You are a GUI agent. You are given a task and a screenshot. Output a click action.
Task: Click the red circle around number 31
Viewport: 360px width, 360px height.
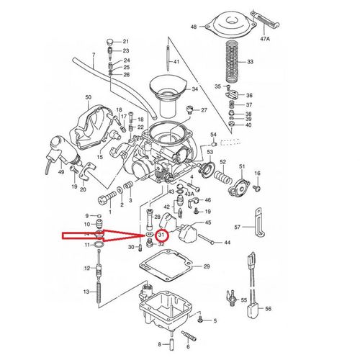[x=162, y=235]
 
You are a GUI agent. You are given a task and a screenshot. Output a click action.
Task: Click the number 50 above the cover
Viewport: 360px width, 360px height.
[x=89, y=97]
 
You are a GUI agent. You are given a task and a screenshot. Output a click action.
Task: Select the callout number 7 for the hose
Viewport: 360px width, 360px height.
[x=94, y=55]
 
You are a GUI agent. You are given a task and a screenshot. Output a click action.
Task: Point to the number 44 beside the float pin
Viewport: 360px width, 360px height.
[x=227, y=243]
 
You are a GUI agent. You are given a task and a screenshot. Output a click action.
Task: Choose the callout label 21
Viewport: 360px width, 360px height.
[x=125, y=41]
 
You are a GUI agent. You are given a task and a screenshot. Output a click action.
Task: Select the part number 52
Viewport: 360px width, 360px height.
[x=223, y=163]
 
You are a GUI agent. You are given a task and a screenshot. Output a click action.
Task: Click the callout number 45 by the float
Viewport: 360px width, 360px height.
[x=207, y=222]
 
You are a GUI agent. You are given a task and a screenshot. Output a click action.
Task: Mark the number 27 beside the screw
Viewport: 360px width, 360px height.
[x=204, y=110]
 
